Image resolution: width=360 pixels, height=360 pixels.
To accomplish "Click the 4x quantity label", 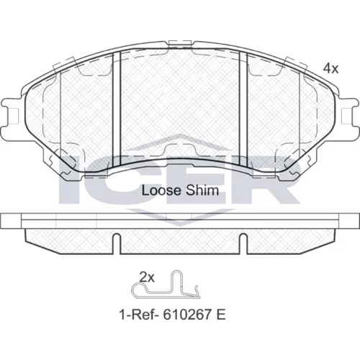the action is [330, 69].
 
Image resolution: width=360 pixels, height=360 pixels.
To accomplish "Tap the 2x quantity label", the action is [147, 278].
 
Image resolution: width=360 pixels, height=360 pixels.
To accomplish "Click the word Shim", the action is [202, 191].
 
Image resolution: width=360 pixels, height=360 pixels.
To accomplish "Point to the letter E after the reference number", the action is [221, 315].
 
